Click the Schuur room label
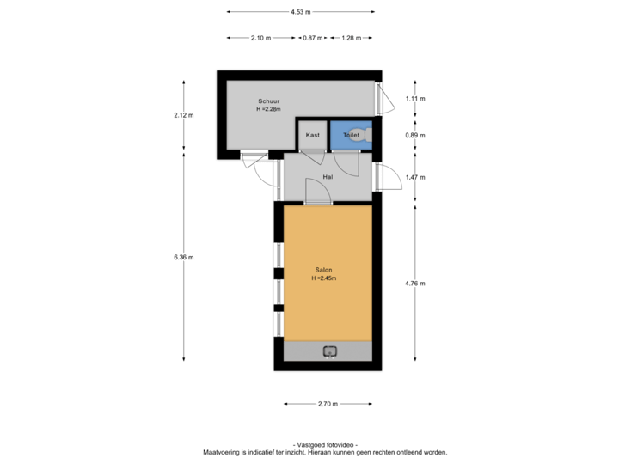(x=268, y=101)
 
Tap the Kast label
(x=313, y=135)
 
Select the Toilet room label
(x=351, y=135)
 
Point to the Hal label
(x=328, y=177)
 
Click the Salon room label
(x=323, y=270)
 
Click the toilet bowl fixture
(x=366, y=135)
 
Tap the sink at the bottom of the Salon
(x=329, y=351)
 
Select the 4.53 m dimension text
(x=300, y=12)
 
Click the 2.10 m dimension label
(x=261, y=38)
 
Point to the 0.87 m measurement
(x=313, y=38)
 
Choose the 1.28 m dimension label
(x=351, y=38)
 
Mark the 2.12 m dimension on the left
(x=183, y=115)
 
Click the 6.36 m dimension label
(x=183, y=257)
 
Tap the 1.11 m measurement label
(x=416, y=99)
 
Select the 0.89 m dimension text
(x=416, y=135)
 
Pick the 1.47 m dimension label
(x=416, y=177)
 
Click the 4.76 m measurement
(x=416, y=283)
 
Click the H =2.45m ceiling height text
(x=323, y=278)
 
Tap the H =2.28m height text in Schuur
(x=268, y=109)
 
